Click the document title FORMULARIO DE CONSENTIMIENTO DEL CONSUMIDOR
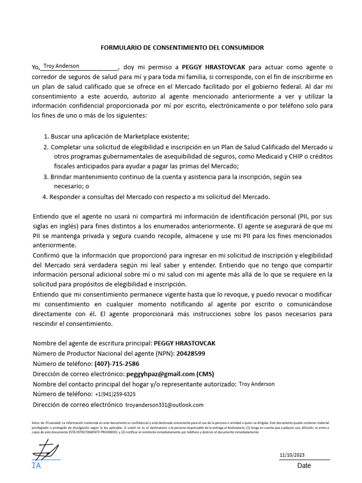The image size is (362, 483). [x=182, y=48]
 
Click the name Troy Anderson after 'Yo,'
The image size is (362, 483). [x=61, y=66]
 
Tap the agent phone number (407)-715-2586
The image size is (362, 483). [x=117, y=364]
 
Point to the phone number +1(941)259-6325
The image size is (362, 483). [x=115, y=394]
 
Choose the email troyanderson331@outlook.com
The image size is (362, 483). [x=164, y=405]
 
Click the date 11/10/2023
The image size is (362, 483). [x=292, y=455]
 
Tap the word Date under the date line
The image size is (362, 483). [x=304, y=466]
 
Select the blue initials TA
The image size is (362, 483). [x=36, y=466]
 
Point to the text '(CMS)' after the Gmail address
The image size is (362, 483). [x=205, y=374]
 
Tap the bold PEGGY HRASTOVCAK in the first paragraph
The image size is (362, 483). [x=214, y=67]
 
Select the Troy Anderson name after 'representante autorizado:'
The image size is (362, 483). [x=256, y=384]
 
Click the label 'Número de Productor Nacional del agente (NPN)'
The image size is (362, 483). [x=104, y=353]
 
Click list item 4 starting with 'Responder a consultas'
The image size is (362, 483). [x=159, y=197]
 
